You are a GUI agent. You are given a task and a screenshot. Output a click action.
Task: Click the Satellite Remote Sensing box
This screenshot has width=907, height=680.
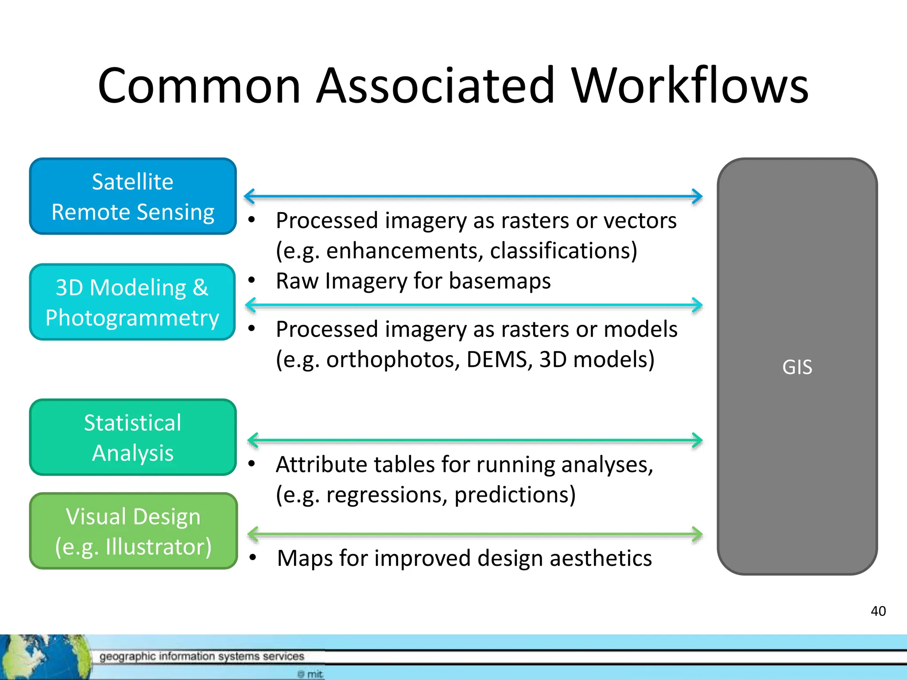[x=133, y=196]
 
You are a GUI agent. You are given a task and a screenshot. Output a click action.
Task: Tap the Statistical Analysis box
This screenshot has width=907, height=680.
[x=133, y=437]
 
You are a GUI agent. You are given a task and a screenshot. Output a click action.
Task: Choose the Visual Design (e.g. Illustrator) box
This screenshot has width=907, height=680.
[x=133, y=531]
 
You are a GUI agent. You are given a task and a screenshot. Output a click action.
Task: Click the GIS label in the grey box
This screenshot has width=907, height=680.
[x=797, y=367]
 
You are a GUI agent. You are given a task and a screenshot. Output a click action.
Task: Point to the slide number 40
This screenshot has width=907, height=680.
[x=878, y=611]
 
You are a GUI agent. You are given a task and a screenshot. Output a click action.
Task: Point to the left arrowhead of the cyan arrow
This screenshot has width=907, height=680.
[x=250, y=305]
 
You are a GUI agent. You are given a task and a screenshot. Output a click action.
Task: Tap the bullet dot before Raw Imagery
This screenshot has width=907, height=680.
[x=252, y=280]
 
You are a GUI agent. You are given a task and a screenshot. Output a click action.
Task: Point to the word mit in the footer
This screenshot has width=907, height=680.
[x=315, y=674]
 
